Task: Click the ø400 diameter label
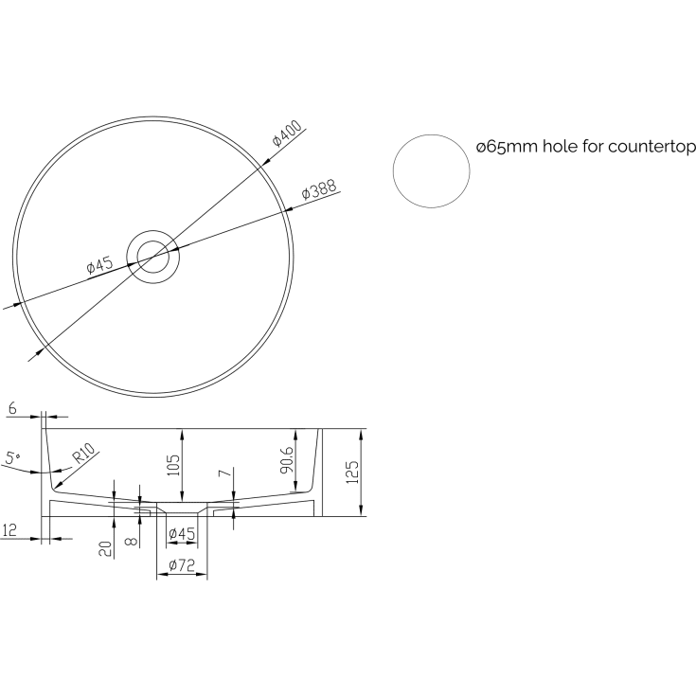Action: (287, 133)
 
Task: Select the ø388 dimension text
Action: (319, 189)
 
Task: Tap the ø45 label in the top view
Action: (99, 265)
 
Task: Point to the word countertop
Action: (651, 147)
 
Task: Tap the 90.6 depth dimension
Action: (287, 460)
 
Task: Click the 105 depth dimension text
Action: (173, 465)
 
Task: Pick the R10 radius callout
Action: (84, 454)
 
